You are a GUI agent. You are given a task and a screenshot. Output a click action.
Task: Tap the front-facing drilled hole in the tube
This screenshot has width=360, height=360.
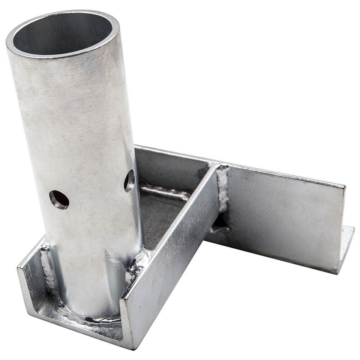pos(59,199)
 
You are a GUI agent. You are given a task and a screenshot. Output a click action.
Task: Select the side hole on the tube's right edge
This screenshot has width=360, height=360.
pos(130,180)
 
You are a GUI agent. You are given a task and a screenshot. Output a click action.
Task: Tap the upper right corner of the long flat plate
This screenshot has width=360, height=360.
pos(343,186)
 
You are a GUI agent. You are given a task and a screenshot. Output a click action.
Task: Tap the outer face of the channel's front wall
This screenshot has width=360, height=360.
pos(169,262)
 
